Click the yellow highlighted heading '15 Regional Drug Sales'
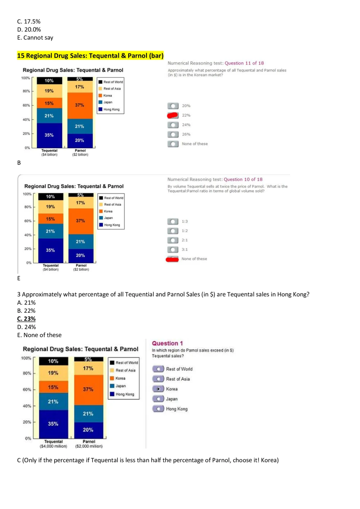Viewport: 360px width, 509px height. pyautogui.click(x=90, y=55)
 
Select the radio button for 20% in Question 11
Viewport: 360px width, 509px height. pyautogui.click(x=173, y=106)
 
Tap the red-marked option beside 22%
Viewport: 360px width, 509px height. pyautogui.click(x=173, y=115)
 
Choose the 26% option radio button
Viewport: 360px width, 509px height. pyautogui.click(x=173, y=134)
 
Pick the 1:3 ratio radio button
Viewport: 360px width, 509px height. pyautogui.click(x=173, y=221)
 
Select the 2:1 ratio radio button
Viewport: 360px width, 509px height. pyautogui.click(x=173, y=240)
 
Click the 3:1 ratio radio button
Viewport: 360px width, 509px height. pyautogui.click(x=173, y=249)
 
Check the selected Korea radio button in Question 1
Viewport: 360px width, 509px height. pyautogui.click(x=158, y=389)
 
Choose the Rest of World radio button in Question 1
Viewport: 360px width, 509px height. pyautogui.click(x=158, y=369)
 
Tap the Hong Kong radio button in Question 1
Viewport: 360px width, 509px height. pyautogui.click(x=158, y=409)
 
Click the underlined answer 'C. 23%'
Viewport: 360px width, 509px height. pyautogui.click(x=26, y=319)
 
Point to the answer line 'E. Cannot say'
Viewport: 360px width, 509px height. pyautogui.click(x=35, y=37)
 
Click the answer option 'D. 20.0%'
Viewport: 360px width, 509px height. pyautogui.click(x=29, y=30)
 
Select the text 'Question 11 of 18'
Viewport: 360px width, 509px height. pyautogui.click(x=244, y=63)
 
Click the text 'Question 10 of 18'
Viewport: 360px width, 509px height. pyautogui.click(x=243, y=179)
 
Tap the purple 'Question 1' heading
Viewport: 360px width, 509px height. pyautogui.click(x=167, y=343)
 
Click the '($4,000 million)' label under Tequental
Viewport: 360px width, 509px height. pyautogui.click(x=53, y=446)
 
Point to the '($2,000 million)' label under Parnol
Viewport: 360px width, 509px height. pyautogui.click(x=89, y=446)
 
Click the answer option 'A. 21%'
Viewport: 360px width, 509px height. pyautogui.click(x=26, y=302)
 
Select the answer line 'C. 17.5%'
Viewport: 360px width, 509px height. pyautogui.click(x=29, y=22)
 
